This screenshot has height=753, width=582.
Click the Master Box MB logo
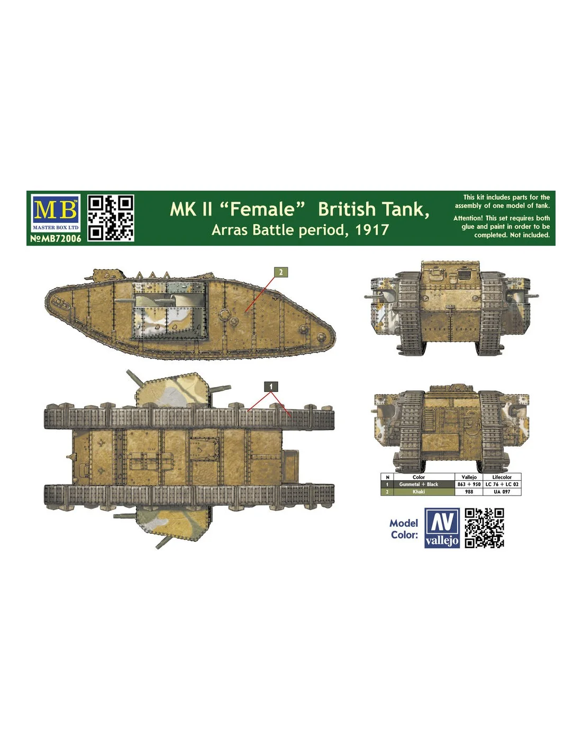point(56,213)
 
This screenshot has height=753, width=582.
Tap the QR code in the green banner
point(111,218)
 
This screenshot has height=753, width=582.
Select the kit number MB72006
point(56,238)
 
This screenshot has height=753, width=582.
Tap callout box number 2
point(280,272)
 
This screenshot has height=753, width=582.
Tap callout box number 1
point(271,387)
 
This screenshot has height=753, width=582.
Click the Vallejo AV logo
point(442,528)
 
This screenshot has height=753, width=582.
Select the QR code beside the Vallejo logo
point(484,528)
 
